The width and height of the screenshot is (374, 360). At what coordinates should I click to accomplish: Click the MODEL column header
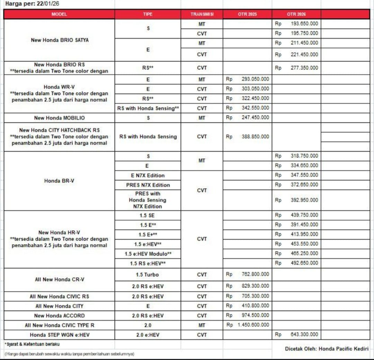point(59,14)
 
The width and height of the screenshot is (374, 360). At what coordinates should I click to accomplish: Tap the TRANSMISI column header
point(202,14)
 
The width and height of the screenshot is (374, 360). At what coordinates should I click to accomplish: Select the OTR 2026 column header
point(296,14)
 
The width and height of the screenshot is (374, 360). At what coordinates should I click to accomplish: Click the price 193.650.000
point(304,24)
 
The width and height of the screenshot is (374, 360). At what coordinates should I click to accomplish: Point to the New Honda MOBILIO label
point(59,118)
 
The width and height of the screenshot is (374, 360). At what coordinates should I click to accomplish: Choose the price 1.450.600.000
point(253,325)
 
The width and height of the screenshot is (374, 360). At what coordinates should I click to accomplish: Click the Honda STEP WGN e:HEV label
point(59,335)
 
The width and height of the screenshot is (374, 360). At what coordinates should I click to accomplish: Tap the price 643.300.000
point(304,335)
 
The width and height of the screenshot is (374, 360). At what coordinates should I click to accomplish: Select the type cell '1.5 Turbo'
point(148,275)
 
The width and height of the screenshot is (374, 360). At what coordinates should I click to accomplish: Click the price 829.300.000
point(255,286)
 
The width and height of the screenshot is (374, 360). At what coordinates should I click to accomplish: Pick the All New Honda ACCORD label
point(59,316)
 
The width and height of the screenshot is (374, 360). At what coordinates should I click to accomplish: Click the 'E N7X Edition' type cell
point(148,175)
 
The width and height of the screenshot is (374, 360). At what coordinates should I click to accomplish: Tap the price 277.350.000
point(304,68)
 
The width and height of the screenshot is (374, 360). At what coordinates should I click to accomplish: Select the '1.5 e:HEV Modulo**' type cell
point(148,254)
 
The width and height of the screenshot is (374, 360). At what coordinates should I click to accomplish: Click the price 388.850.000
point(255,137)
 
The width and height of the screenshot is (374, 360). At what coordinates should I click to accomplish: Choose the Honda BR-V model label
point(59,181)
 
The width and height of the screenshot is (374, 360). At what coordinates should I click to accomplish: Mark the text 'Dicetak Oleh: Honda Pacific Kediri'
point(327,349)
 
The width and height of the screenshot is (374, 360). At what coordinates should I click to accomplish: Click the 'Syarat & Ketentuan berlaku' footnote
point(32,344)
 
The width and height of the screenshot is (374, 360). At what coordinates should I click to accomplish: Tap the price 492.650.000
point(304,263)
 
